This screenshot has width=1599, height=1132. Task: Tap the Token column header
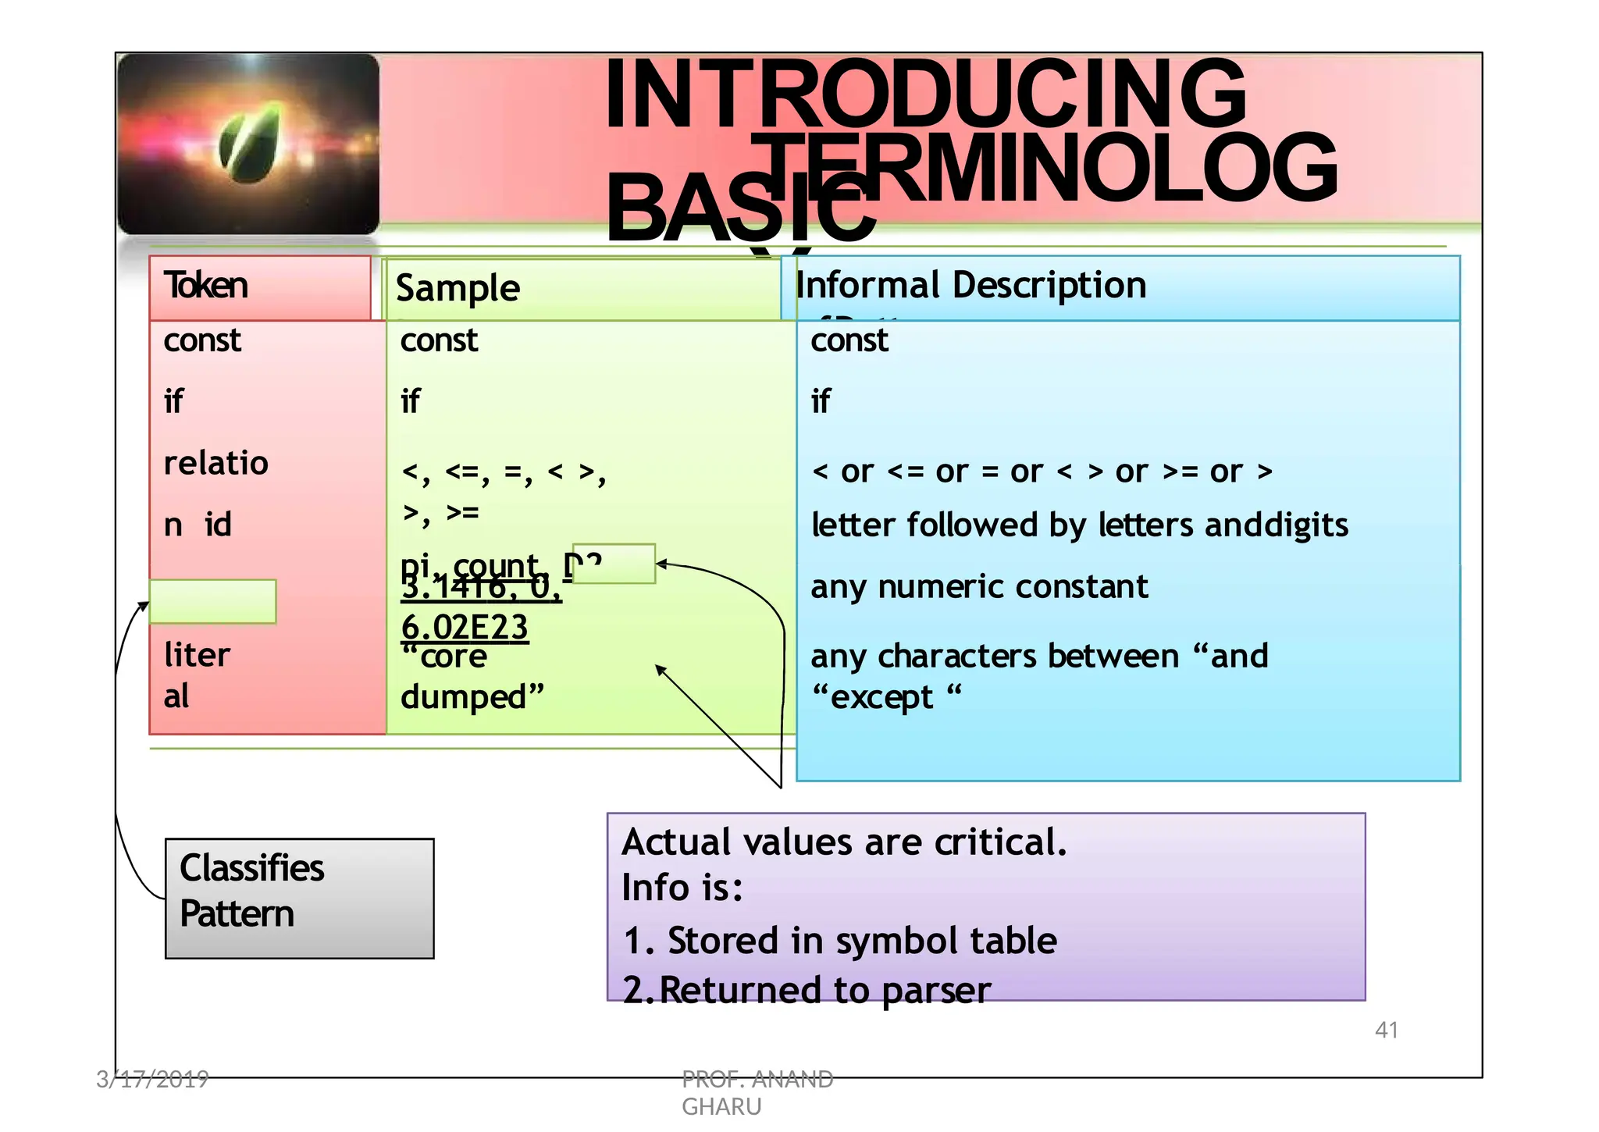tap(206, 286)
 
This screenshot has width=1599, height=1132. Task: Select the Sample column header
tap(458, 288)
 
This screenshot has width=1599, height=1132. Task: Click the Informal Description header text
tap(970, 285)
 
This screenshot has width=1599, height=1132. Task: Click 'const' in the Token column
tap(202, 340)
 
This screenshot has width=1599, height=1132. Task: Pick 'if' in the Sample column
tap(410, 401)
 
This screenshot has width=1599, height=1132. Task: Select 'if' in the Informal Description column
tap(821, 401)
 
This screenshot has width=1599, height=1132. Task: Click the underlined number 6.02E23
tap(465, 627)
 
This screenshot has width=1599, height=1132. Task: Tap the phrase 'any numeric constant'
tap(979, 586)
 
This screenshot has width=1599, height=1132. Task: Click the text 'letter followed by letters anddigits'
tap(1079, 525)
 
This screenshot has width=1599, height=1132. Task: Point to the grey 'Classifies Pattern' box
tap(299, 898)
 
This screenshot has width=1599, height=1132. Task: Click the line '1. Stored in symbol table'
tap(840, 940)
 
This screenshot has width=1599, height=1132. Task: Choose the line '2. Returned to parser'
tap(807, 990)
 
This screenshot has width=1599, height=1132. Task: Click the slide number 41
tap(1386, 1030)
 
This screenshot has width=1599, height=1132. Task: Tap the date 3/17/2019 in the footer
tap(152, 1079)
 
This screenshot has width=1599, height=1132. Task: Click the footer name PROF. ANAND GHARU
tap(757, 1092)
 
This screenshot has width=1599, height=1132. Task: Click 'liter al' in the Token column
tap(197, 675)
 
